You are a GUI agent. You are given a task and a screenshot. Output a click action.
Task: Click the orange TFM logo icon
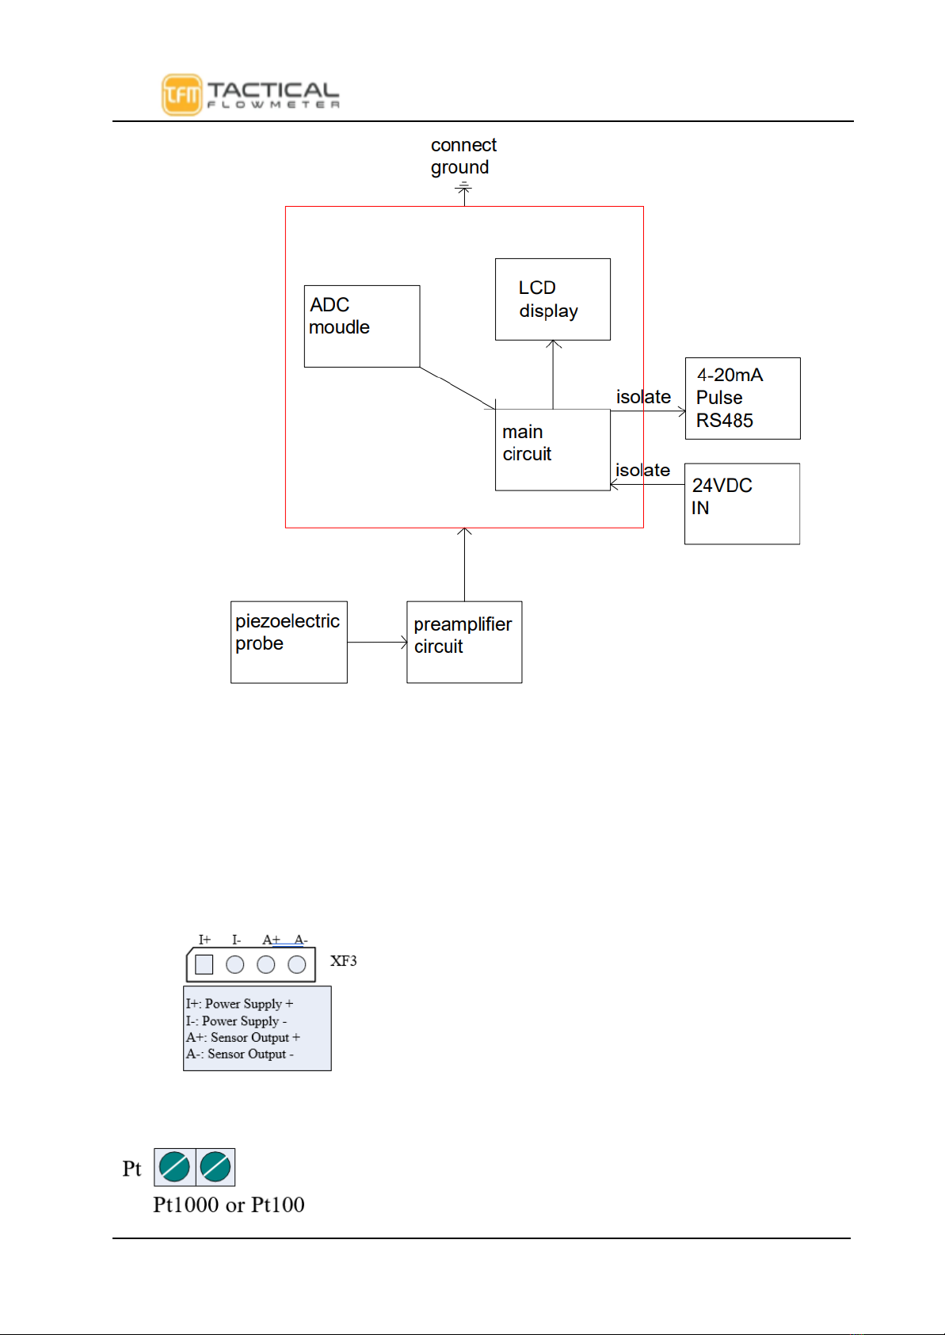pos(181,95)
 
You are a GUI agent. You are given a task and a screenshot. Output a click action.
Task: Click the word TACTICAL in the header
pos(273,90)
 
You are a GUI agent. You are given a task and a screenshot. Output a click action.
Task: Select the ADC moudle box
pos(362,326)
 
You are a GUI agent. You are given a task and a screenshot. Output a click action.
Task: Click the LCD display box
pos(552,299)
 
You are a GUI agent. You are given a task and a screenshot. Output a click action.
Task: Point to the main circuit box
pos(552,449)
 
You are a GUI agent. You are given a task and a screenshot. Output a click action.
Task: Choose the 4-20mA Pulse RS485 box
pos(742,398)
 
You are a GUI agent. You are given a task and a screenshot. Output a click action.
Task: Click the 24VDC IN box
pos(741,504)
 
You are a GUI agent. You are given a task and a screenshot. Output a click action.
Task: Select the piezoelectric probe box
pos(289,642)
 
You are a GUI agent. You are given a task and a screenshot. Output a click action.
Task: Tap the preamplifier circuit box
pos(464,642)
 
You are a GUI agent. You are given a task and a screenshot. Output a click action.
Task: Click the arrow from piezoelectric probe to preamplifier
pos(377,642)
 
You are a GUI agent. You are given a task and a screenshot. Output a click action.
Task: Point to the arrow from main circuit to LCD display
pos(553,374)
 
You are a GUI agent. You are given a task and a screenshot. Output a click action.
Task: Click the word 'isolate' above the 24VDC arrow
pos(642,470)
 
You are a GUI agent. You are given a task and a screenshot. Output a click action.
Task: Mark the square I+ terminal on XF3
pos(204,964)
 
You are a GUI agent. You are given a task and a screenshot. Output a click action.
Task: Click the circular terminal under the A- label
pos(297,964)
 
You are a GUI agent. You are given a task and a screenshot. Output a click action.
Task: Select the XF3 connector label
pos(343,961)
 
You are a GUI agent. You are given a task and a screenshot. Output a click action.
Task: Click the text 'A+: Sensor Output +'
pos(243,1037)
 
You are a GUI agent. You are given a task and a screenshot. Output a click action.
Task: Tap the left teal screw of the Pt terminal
pos(174,1167)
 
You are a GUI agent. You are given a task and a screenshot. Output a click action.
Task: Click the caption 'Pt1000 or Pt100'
pos(229,1205)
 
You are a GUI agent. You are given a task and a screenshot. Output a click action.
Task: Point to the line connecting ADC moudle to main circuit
pos(458,388)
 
